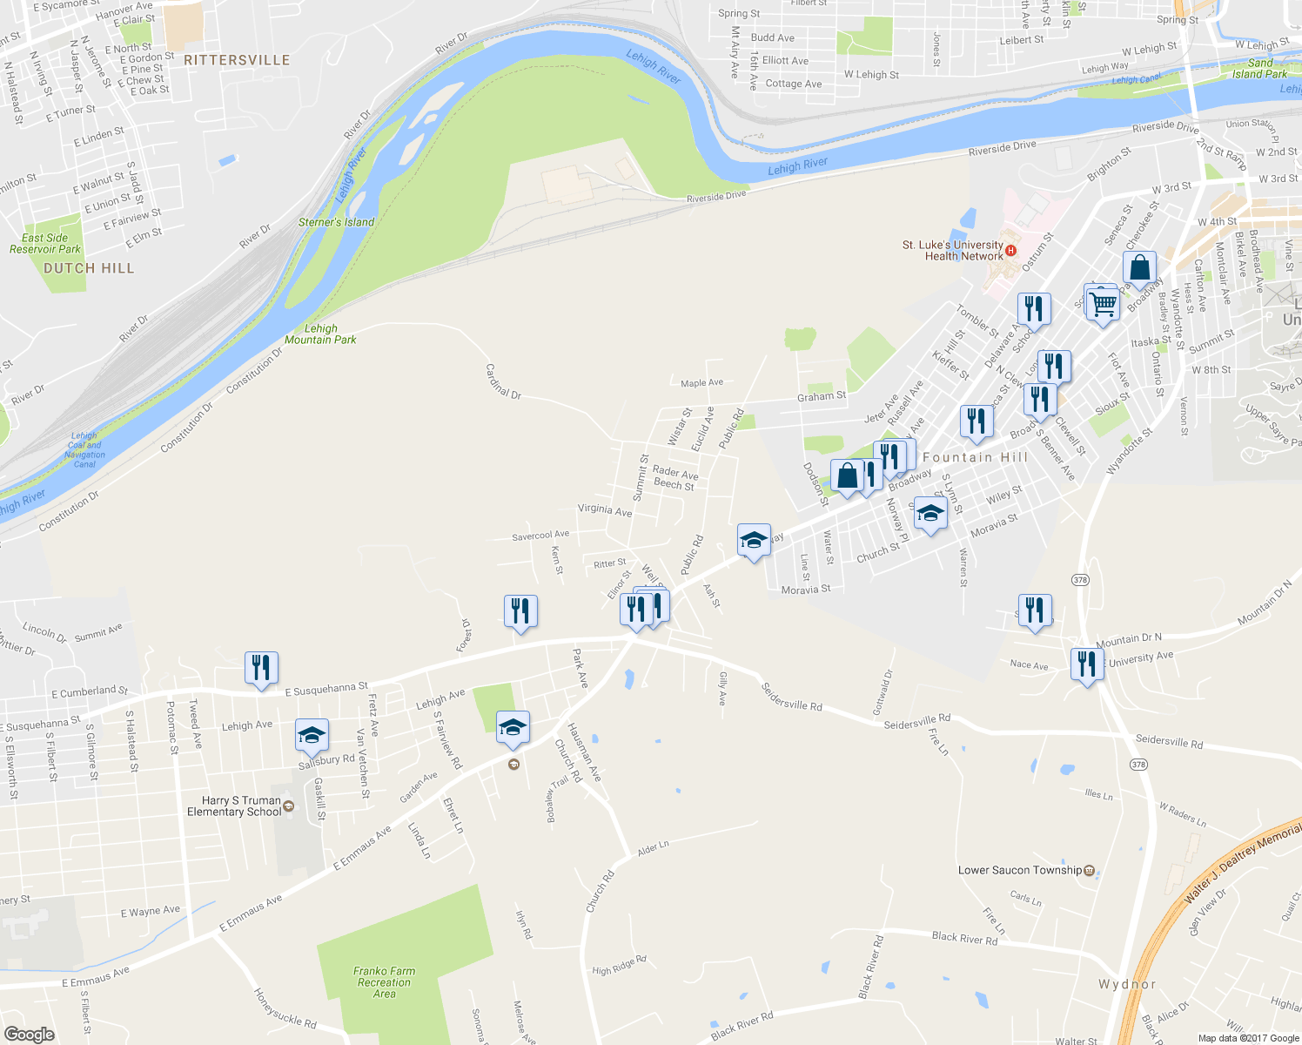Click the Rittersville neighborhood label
tap(237, 60)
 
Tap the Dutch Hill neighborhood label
tap(89, 268)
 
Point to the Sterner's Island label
tap(336, 222)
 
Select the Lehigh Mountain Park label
tap(320, 334)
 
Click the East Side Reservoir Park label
tap(45, 244)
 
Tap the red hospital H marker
tap(1010, 251)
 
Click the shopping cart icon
tap(1103, 304)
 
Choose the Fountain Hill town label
tap(975, 457)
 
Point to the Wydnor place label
tap(1127, 984)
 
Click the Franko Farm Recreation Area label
tap(384, 982)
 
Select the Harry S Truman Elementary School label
tap(234, 806)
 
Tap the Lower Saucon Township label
tap(1019, 870)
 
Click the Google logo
tap(29, 1034)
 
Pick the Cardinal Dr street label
tap(503, 381)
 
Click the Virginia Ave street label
tap(605, 509)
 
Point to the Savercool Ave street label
tap(540, 536)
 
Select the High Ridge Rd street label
tap(619, 965)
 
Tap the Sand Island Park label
tap(1259, 69)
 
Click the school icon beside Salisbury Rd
tap(312, 737)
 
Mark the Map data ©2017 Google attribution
tap(1248, 1038)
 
